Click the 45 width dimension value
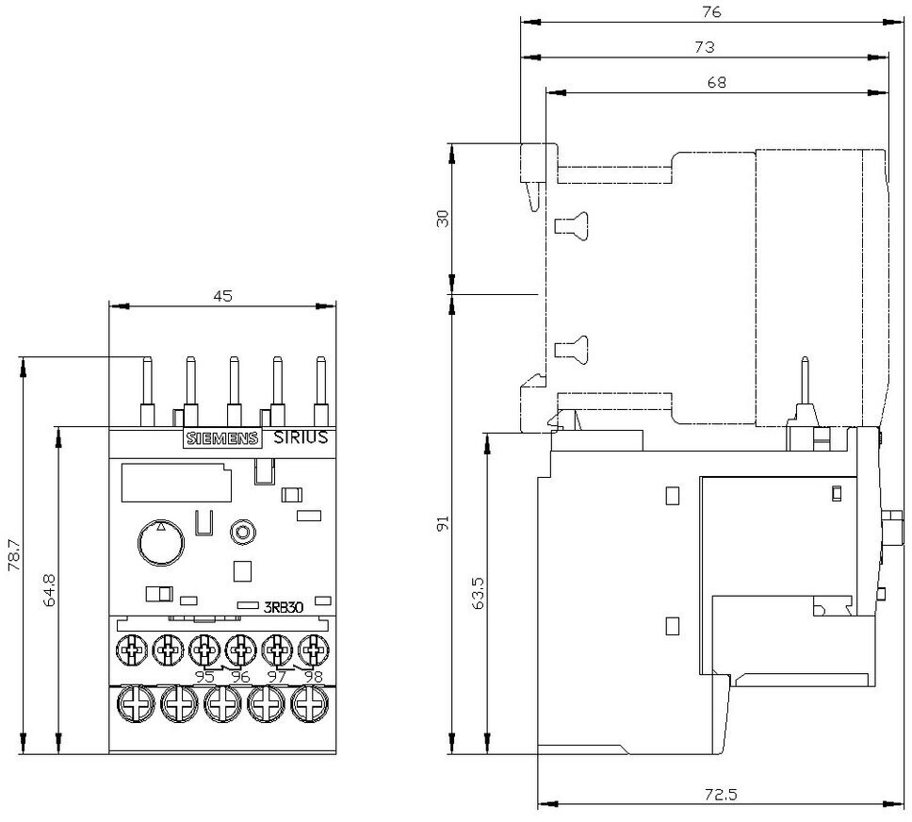(x=222, y=296)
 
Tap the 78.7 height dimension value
(x=14, y=555)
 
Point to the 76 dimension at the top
(x=711, y=11)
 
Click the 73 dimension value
(x=705, y=47)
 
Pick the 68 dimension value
(x=717, y=83)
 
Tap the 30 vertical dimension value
(x=443, y=219)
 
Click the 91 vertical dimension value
(x=443, y=523)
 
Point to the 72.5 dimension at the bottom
(x=722, y=795)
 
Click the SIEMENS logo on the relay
(x=222, y=438)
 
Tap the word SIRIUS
(x=301, y=437)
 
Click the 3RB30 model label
(x=284, y=607)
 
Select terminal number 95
(x=204, y=677)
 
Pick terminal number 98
(x=314, y=677)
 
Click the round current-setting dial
(x=161, y=542)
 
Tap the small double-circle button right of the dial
(x=242, y=532)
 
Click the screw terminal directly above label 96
(x=241, y=649)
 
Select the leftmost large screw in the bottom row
(x=136, y=704)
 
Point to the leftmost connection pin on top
(x=148, y=391)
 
